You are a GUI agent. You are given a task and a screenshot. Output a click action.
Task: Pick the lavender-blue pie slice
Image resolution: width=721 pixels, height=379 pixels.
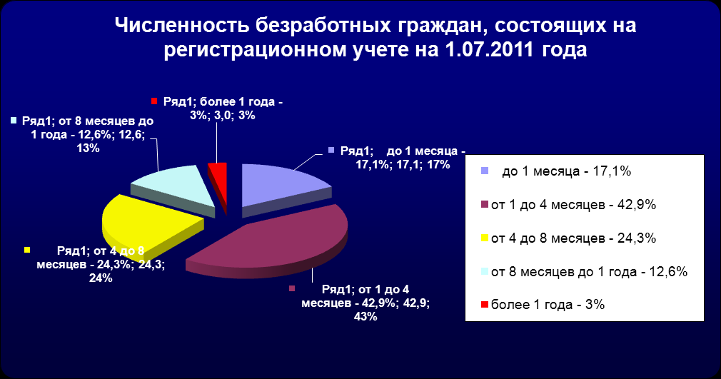281,186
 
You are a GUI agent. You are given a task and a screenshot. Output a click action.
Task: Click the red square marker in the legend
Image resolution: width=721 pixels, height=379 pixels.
484,305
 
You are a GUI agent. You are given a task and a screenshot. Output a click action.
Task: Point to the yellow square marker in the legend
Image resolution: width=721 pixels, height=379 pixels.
484,238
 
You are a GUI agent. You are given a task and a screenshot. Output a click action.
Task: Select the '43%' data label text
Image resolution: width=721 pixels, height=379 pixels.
365,317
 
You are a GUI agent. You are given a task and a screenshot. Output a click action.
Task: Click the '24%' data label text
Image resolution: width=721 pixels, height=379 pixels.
101,278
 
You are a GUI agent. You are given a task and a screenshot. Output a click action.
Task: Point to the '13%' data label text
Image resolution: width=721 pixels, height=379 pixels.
89,148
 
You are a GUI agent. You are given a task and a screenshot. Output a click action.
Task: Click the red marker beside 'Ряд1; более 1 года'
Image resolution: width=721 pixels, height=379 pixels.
154,101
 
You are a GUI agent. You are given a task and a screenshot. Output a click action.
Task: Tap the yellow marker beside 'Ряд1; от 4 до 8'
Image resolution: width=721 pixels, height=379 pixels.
26,250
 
